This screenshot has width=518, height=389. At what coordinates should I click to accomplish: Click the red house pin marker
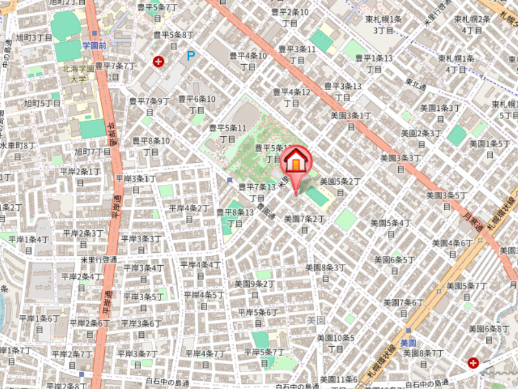click(x=295, y=163)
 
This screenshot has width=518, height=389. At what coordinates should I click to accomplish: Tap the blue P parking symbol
click(x=190, y=56)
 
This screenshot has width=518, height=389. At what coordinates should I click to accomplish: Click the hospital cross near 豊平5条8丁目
click(x=158, y=62)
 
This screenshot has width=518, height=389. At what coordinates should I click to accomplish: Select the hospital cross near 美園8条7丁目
click(x=473, y=363)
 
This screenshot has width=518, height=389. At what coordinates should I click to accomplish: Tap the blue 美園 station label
click(x=408, y=342)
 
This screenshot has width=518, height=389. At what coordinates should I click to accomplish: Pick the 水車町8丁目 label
click(x=17, y=151)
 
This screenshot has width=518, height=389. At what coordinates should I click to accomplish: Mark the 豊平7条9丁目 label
click(x=149, y=106)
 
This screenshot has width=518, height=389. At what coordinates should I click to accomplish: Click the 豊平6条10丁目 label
click(x=197, y=104)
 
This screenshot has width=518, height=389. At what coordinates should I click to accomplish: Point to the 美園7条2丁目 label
click(x=304, y=225)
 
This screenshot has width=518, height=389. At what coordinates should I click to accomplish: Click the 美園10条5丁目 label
click(x=335, y=343)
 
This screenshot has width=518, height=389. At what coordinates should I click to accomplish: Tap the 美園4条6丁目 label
click(x=452, y=248)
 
